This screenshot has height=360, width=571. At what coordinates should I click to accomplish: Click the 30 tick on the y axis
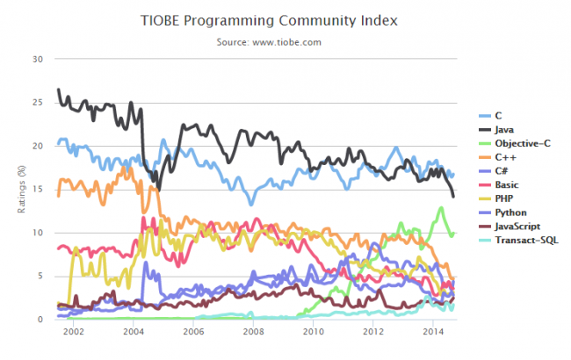36,60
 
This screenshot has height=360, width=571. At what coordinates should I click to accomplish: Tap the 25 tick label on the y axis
36,103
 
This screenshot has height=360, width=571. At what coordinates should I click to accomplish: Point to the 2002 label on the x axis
73,334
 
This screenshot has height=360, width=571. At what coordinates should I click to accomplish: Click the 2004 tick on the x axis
134,334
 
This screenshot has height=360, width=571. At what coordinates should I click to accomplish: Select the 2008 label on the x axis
253,334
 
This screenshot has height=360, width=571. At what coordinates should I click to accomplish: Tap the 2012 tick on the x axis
372,334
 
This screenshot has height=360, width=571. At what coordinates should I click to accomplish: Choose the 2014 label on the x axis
433,334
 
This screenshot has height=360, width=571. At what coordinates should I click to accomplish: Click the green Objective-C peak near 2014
441,208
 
